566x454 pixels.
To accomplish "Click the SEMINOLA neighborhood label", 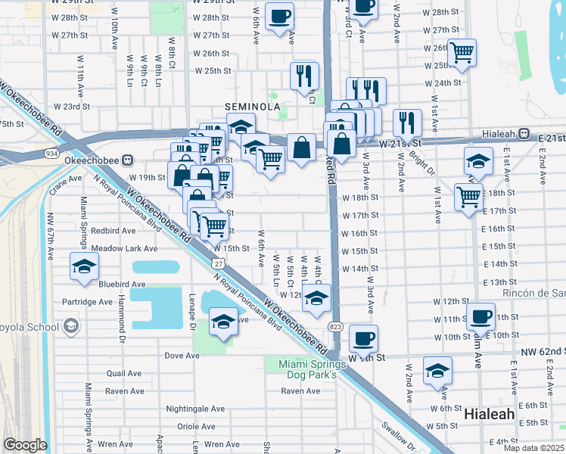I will [251, 107].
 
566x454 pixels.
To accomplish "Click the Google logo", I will [25, 445].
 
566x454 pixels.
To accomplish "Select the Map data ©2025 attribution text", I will [534, 448].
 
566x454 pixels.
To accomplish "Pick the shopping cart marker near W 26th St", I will [461, 52].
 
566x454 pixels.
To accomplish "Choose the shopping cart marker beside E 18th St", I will [468, 196].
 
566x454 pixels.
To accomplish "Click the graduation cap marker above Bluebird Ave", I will [84, 266].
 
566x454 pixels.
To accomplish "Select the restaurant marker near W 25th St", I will [304, 75].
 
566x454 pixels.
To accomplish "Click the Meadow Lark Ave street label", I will [124, 248].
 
